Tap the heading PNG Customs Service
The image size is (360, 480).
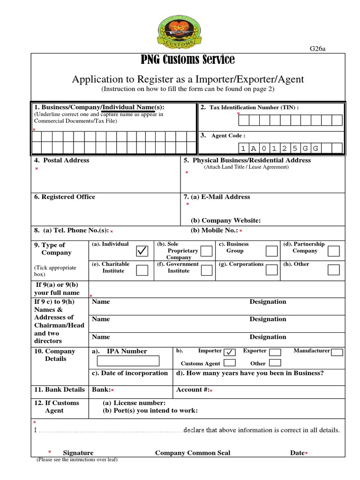tap(188, 60)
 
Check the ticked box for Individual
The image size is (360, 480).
tap(142, 251)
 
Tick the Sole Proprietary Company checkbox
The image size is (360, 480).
tap(206, 251)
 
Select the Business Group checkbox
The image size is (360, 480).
tap(271, 251)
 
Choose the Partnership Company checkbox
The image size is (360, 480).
tap(334, 251)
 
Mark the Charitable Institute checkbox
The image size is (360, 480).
tap(142, 270)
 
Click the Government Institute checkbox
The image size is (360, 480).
tap(206, 270)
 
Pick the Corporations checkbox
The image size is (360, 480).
tap(271, 270)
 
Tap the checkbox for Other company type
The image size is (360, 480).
tap(334, 270)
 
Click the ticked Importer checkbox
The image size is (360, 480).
tap(230, 352)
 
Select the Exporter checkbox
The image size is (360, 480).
tap(275, 352)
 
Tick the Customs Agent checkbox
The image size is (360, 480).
tap(230, 363)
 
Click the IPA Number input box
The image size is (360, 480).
tap(128, 361)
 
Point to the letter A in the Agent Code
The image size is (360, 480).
tap(254, 149)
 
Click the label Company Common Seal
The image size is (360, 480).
tap(193, 453)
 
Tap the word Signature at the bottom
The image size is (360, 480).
tap(78, 453)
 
